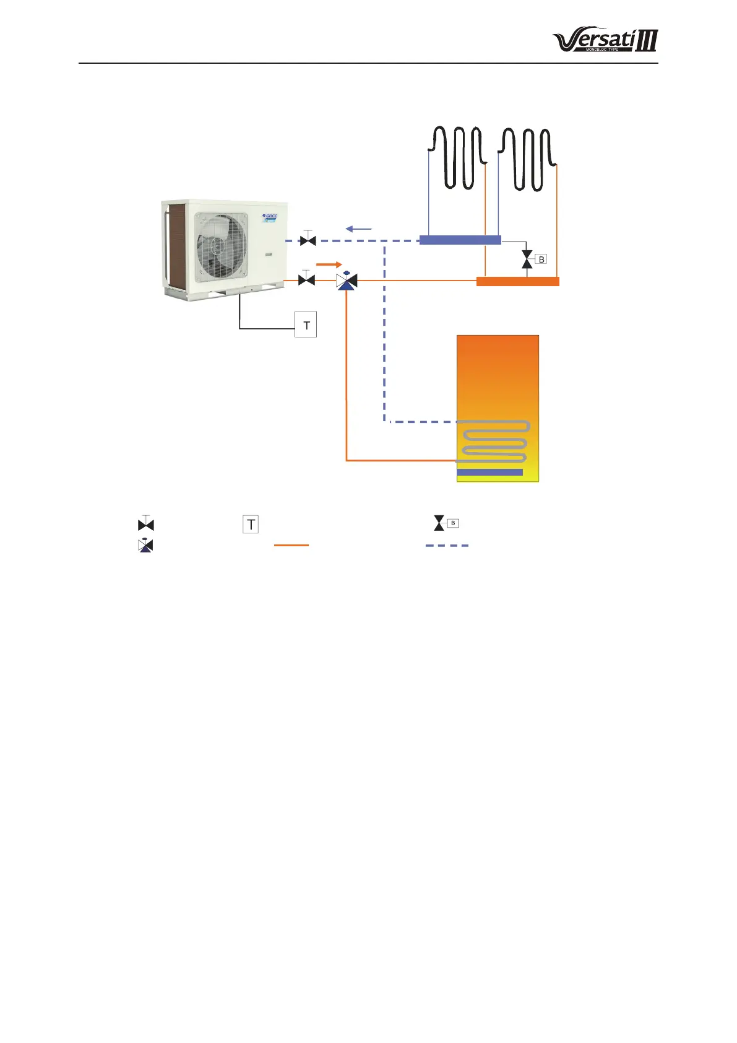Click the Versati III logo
pyautogui.click(x=605, y=41)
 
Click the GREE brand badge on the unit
pyautogui.click(x=270, y=217)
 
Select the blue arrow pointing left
pyautogui.click(x=358, y=229)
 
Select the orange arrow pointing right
pyautogui.click(x=329, y=264)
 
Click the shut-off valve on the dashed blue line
pyautogui.click(x=308, y=240)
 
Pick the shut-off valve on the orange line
pyautogui.click(x=306, y=279)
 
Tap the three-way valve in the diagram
pyautogui.click(x=347, y=281)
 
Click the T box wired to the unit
pyautogui.click(x=306, y=325)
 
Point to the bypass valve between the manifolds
pyautogui.click(x=527, y=260)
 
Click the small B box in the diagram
pyautogui.click(x=541, y=260)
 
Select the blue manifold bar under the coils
pyautogui.click(x=460, y=240)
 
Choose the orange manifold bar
pyautogui.click(x=517, y=282)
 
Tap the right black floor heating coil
pyautogui.click(x=527, y=158)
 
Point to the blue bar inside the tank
pyautogui.click(x=489, y=472)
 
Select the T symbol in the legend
pyautogui.click(x=251, y=525)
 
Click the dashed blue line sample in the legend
pyautogui.click(x=447, y=546)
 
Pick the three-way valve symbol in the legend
pyautogui.click(x=145, y=546)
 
